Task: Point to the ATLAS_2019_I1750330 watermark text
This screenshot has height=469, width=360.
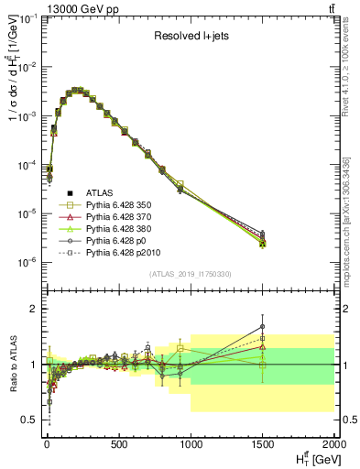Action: [190, 274]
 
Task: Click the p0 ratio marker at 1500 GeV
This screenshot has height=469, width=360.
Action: [263, 326]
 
